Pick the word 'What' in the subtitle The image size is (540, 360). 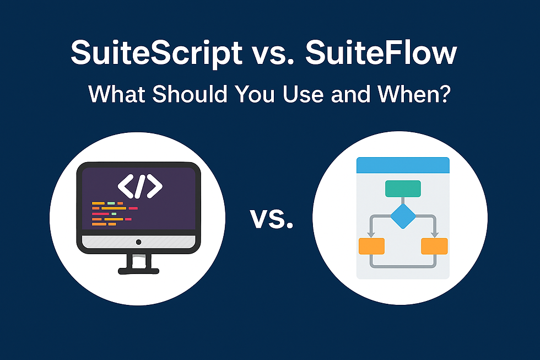pyautogui.click(x=117, y=95)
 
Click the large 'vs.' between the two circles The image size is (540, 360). pyautogui.click(x=271, y=219)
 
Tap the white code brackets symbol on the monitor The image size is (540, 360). pyautogui.click(x=140, y=186)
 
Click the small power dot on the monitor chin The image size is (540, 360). pyautogui.click(x=138, y=242)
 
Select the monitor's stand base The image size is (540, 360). pyautogui.click(x=138, y=270)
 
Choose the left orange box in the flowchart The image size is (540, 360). pyautogui.click(x=371, y=246)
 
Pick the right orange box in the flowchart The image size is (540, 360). pyautogui.click(x=434, y=246)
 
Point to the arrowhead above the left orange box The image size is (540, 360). pyautogui.click(x=371, y=234)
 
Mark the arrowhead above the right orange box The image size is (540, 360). pyautogui.click(x=434, y=234)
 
